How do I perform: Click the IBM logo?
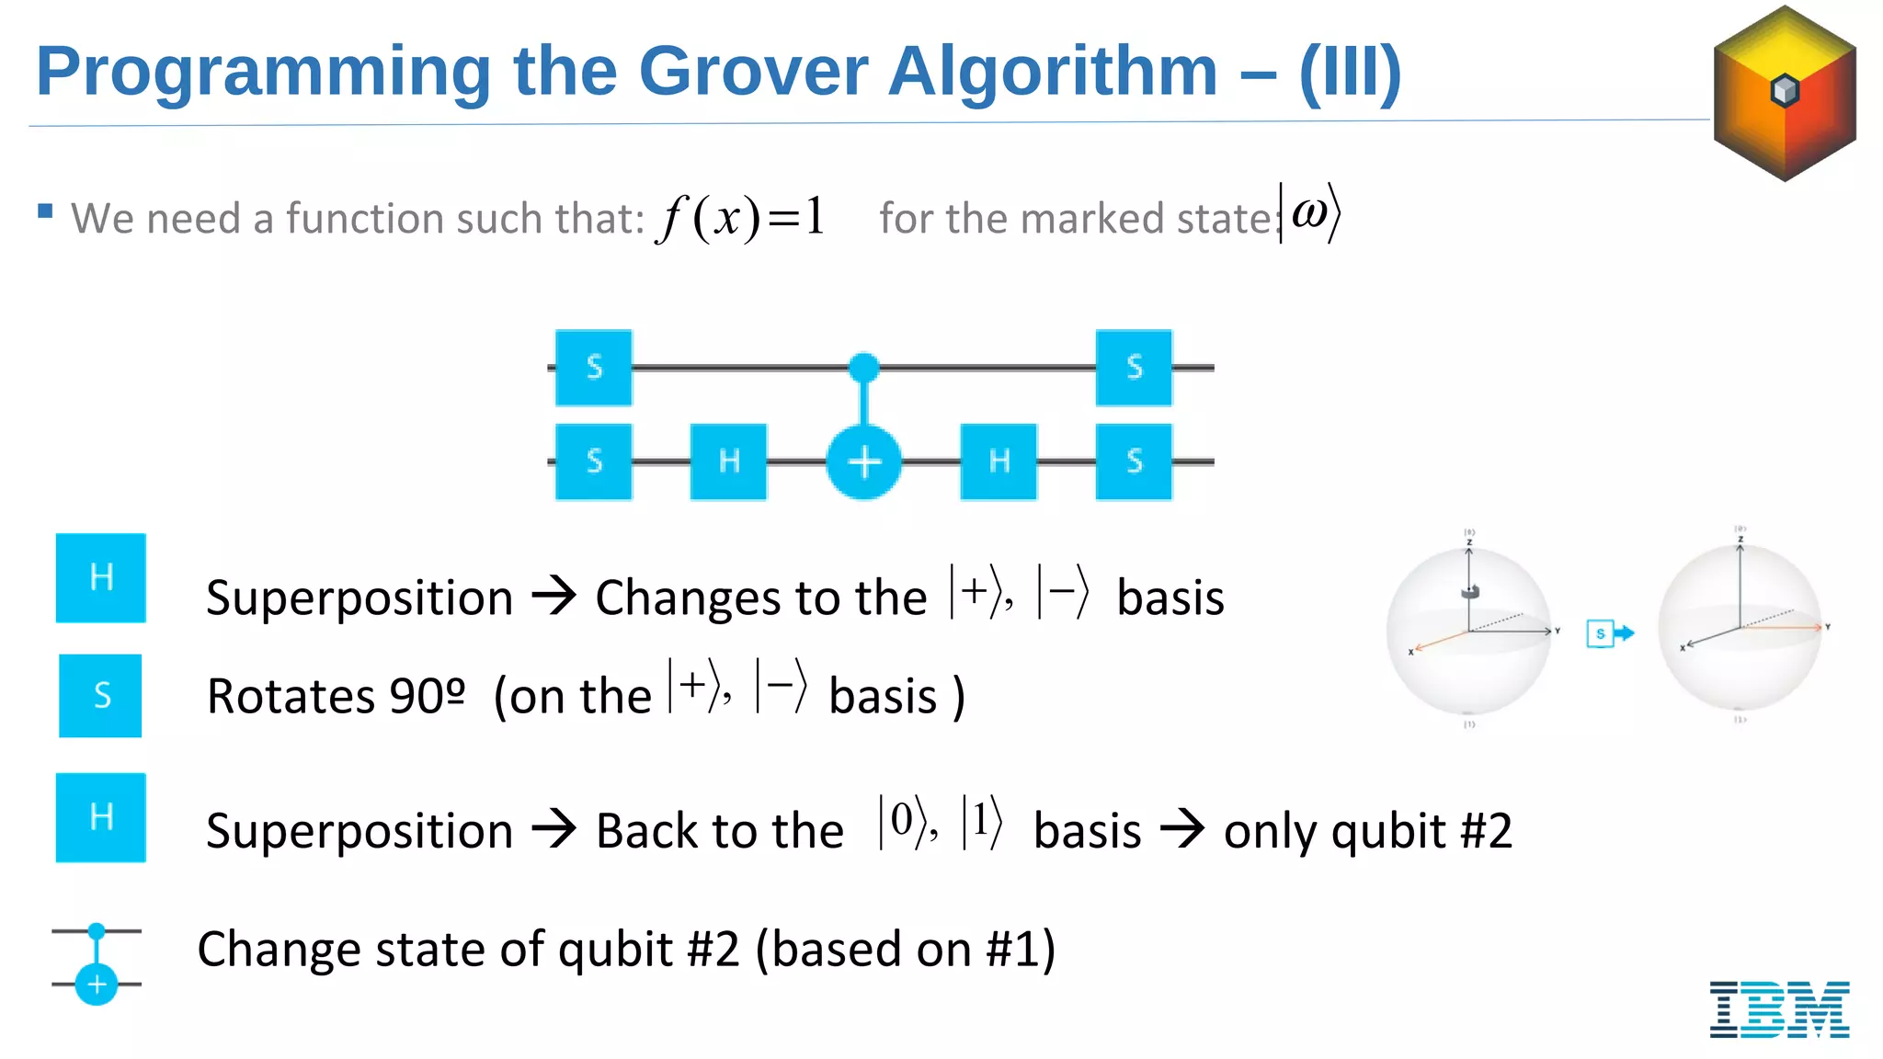1779,1008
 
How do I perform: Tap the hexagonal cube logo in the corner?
1785,93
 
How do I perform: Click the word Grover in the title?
753,72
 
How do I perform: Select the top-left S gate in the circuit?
594,367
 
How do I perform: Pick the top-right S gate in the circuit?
1134,367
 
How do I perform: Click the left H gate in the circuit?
728,461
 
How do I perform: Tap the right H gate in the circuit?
999,461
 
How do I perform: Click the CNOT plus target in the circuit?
863,461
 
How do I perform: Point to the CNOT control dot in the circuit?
863,368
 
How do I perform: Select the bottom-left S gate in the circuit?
594,461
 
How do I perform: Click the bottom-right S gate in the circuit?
1134,461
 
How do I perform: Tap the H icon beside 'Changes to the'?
101,577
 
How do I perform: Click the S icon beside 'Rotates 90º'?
101,695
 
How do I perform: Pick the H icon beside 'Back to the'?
101,817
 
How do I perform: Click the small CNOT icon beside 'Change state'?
97,962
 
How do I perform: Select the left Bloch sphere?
1468,630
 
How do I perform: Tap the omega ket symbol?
1311,214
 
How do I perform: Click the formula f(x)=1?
741,218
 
